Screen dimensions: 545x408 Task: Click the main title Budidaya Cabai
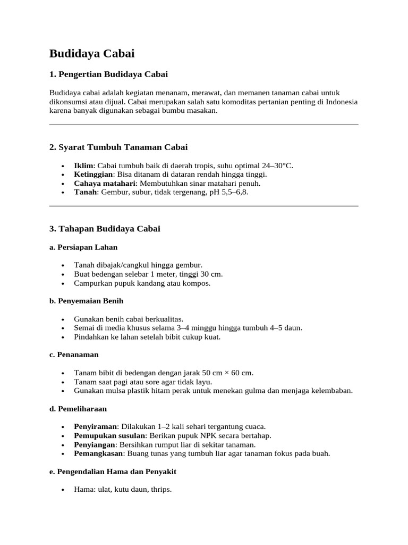coord(92,54)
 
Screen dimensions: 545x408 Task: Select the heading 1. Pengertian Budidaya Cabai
coord(108,74)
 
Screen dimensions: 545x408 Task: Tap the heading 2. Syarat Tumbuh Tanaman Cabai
coord(118,147)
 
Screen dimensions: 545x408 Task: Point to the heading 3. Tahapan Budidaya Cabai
coord(105,229)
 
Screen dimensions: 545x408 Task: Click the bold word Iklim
coord(84,166)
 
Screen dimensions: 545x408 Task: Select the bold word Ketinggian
coord(93,175)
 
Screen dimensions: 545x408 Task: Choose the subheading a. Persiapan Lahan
coord(83,247)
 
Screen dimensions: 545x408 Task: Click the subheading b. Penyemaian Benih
coord(87,301)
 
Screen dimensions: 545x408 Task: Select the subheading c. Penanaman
coord(74,354)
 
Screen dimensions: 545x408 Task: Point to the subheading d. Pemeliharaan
coord(78,409)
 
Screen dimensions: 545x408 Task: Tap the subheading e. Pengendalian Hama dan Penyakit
coord(113,472)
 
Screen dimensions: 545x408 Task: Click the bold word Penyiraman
coord(96,427)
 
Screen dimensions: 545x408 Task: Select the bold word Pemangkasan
coord(99,454)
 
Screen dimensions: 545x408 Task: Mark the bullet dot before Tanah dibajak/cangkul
coord(64,265)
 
